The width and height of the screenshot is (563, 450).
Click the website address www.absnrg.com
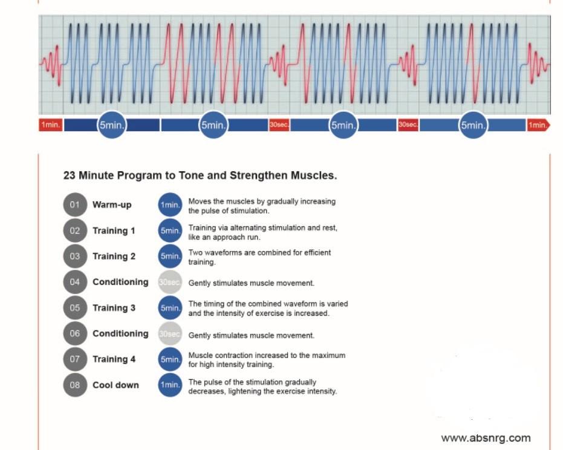[486, 438]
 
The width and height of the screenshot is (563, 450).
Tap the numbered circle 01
[75, 204]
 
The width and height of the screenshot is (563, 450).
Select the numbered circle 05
[75, 307]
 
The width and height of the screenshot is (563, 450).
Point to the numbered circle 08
[75, 385]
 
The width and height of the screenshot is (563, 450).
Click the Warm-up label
[112, 204]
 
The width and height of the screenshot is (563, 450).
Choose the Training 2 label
[114, 256]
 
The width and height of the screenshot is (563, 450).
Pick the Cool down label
[116, 385]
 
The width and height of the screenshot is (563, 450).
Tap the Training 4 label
[114, 359]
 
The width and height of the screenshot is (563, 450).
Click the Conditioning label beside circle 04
[120, 282]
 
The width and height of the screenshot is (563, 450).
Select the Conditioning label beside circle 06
[120, 333]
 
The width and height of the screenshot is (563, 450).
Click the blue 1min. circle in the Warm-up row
[170, 205]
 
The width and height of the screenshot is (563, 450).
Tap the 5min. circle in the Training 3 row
[170, 308]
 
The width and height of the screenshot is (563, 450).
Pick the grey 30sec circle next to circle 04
[170, 282]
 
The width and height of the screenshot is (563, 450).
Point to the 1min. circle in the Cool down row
[170, 385]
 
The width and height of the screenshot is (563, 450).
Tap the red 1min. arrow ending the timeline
[538, 125]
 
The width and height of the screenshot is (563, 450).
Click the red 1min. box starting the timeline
[51, 125]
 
